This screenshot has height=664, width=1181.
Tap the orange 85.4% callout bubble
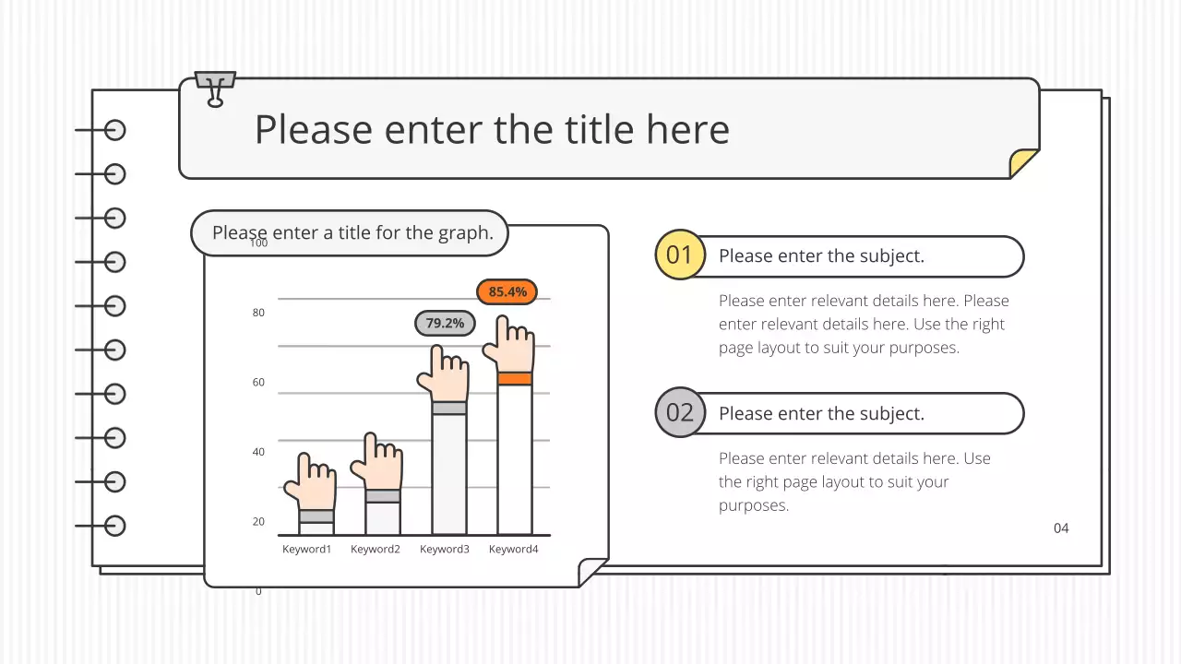click(x=507, y=291)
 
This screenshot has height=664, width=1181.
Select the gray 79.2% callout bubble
click(x=445, y=324)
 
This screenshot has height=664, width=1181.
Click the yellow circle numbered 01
click(x=679, y=255)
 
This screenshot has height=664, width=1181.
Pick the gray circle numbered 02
click(x=679, y=412)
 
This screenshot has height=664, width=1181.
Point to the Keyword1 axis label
click(x=306, y=550)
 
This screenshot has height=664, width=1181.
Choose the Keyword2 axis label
click(x=376, y=550)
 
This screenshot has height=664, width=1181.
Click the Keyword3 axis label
click(x=445, y=550)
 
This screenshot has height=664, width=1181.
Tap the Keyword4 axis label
click(x=513, y=550)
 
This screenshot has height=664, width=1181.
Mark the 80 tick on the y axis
click(x=258, y=313)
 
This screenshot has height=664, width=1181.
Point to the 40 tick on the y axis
click(x=258, y=452)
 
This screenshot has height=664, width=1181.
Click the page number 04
click(x=1061, y=528)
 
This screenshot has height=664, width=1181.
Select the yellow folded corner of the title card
click(x=1025, y=162)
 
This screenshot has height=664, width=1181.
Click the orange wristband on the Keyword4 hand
click(x=515, y=378)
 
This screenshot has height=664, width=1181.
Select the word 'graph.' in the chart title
click(x=466, y=232)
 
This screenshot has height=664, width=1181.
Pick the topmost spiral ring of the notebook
click(x=114, y=130)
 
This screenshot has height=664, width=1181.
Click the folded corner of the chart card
click(x=591, y=571)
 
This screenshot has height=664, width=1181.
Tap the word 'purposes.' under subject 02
click(x=754, y=505)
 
